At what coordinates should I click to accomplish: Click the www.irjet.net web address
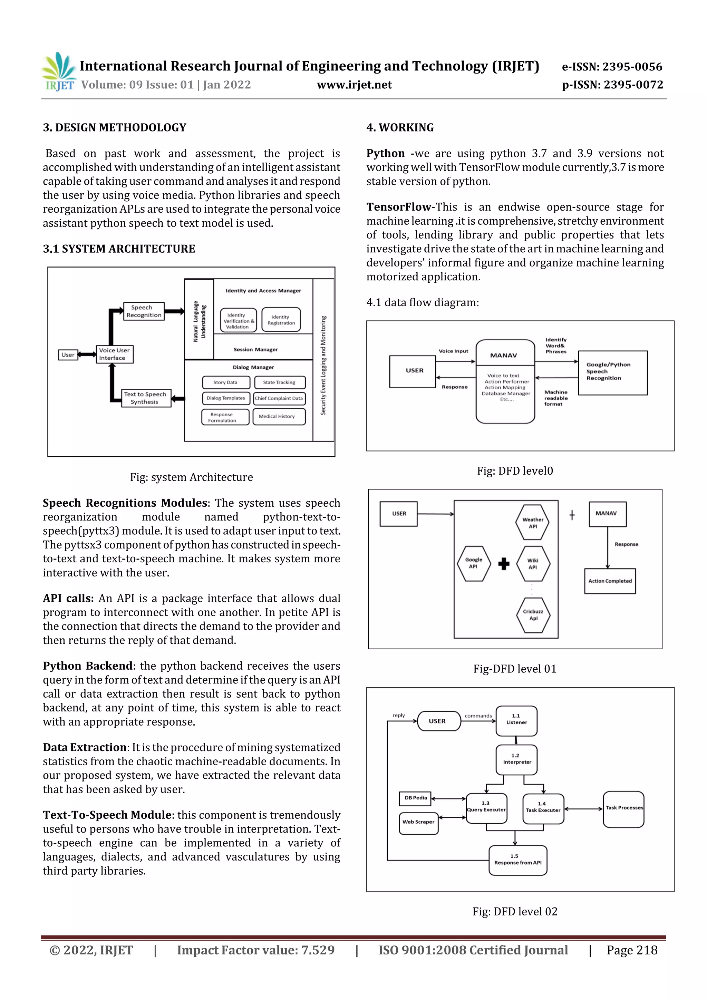click(x=354, y=85)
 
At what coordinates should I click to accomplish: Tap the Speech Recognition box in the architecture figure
click(x=143, y=311)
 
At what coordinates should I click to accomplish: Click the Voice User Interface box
click(x=115, y=354)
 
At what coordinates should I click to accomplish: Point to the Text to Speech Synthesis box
click(x=145, y=398)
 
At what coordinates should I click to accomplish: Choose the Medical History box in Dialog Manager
click(x=279, y=416)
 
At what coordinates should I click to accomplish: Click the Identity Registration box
click(x=281, y=320)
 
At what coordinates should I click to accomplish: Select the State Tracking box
click(x=279, y=382)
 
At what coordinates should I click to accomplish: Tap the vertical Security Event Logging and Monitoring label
click(x=323, y=365)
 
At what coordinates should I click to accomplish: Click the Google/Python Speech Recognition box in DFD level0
click(x=612, y=372)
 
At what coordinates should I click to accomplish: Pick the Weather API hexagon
click(x=532, y=523)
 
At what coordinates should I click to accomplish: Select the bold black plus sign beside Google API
click(x=504, y=564)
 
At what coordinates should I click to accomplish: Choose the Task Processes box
click(x=623, y=809)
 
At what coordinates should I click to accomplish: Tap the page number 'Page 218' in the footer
click(x=632, y=950)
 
